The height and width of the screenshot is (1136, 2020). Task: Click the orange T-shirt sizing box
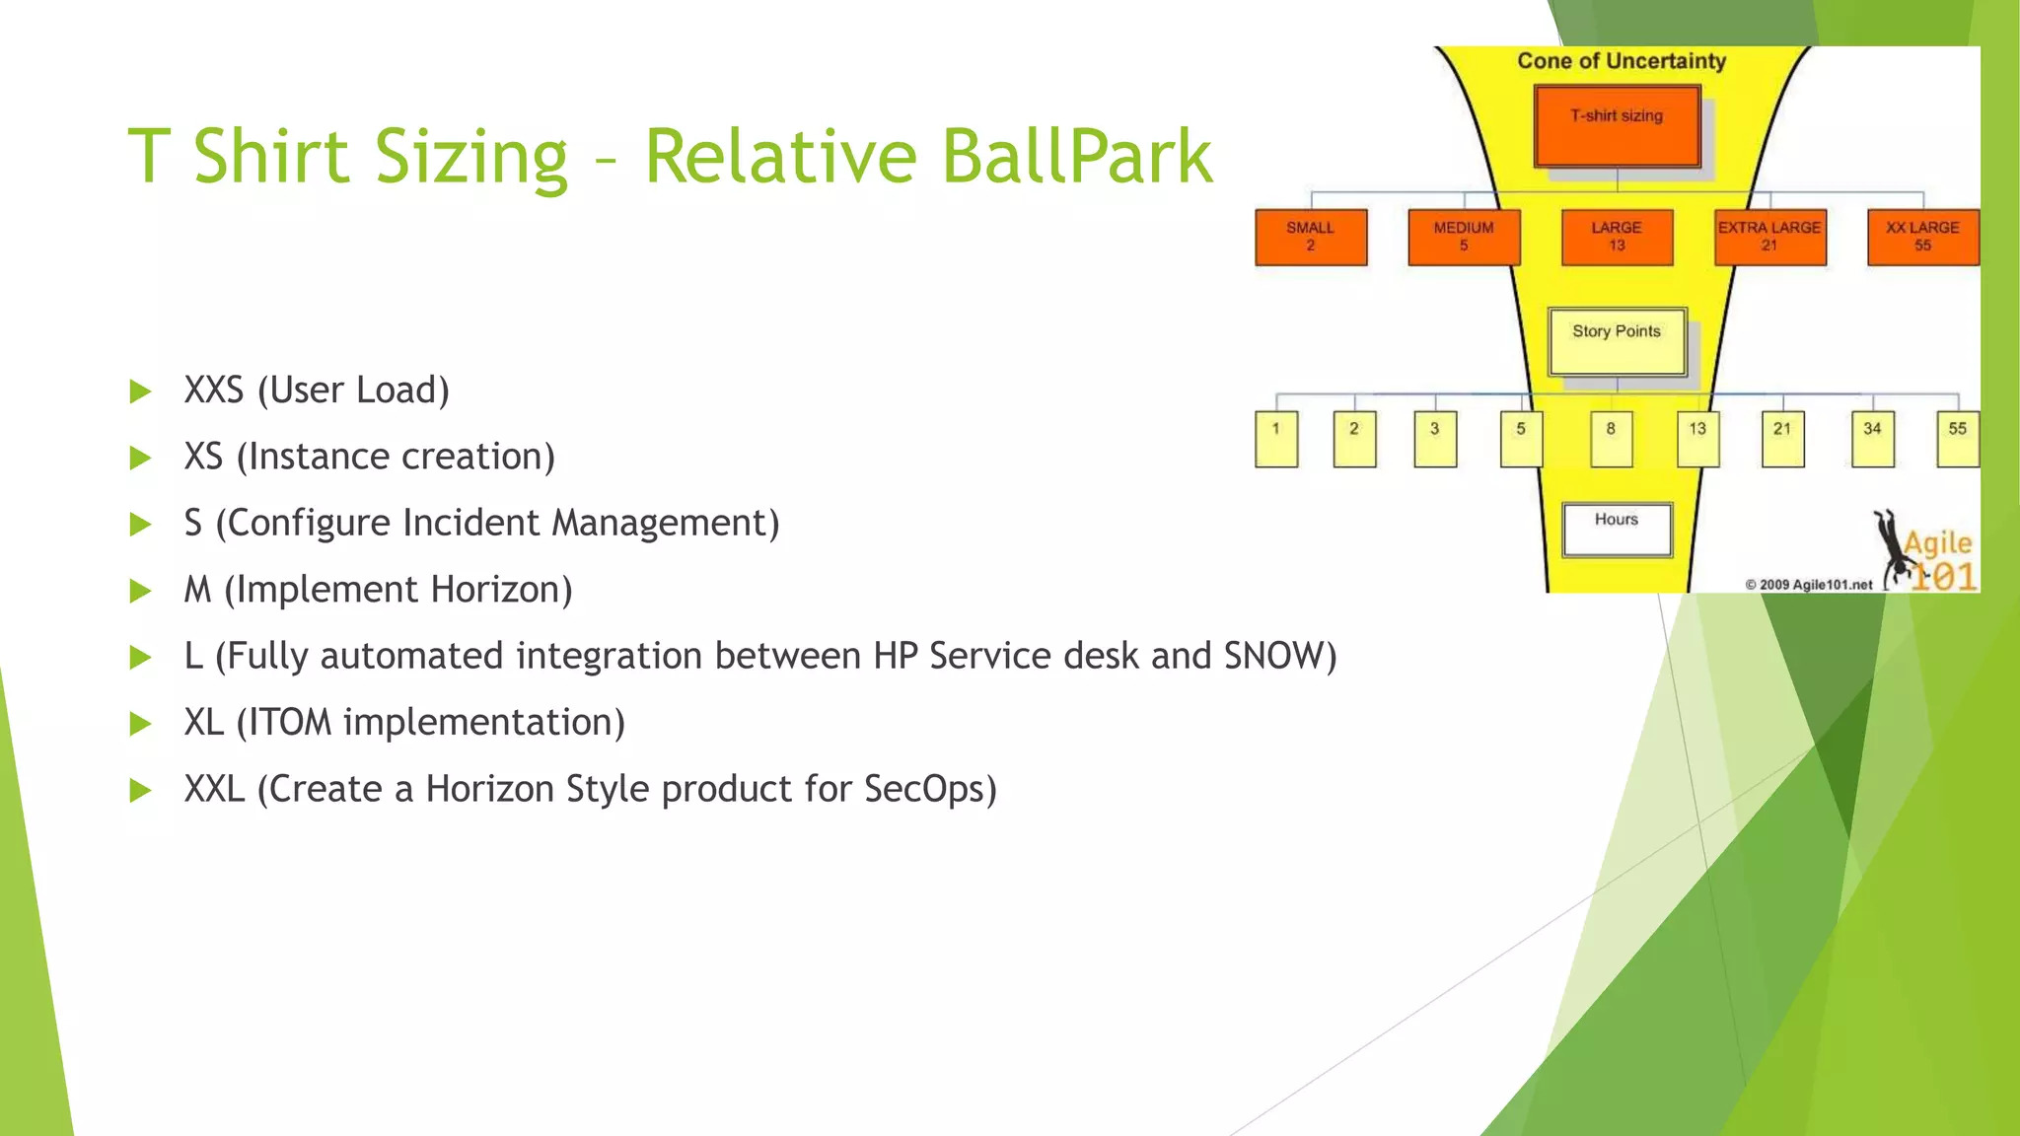coord(1617,126)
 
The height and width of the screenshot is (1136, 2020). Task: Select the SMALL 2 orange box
coord(1311,237)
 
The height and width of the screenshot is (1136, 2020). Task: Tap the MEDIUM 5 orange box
coord(1464,237)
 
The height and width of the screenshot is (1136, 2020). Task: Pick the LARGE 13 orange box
coord(1617,237)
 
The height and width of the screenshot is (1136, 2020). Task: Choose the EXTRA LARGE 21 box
coord(1769,237)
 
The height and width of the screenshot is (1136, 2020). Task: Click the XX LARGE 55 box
coord(1922,237)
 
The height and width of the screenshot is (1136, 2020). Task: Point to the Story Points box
coord(1617,341)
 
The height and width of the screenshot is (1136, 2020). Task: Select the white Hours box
coord(1617,530)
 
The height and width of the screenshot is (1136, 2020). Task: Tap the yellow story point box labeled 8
coord(1611,439)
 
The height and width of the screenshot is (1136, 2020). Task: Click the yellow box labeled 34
coord(1872,439)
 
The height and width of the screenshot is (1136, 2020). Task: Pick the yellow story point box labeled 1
coord(1276,439)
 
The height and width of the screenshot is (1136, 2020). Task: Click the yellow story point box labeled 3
coord(1435,439)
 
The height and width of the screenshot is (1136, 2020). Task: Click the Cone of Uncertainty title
coord(1622,61)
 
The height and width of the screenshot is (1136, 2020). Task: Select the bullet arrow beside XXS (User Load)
coord(141,391)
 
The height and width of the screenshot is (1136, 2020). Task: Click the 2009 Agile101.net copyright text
coord(1809,585)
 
